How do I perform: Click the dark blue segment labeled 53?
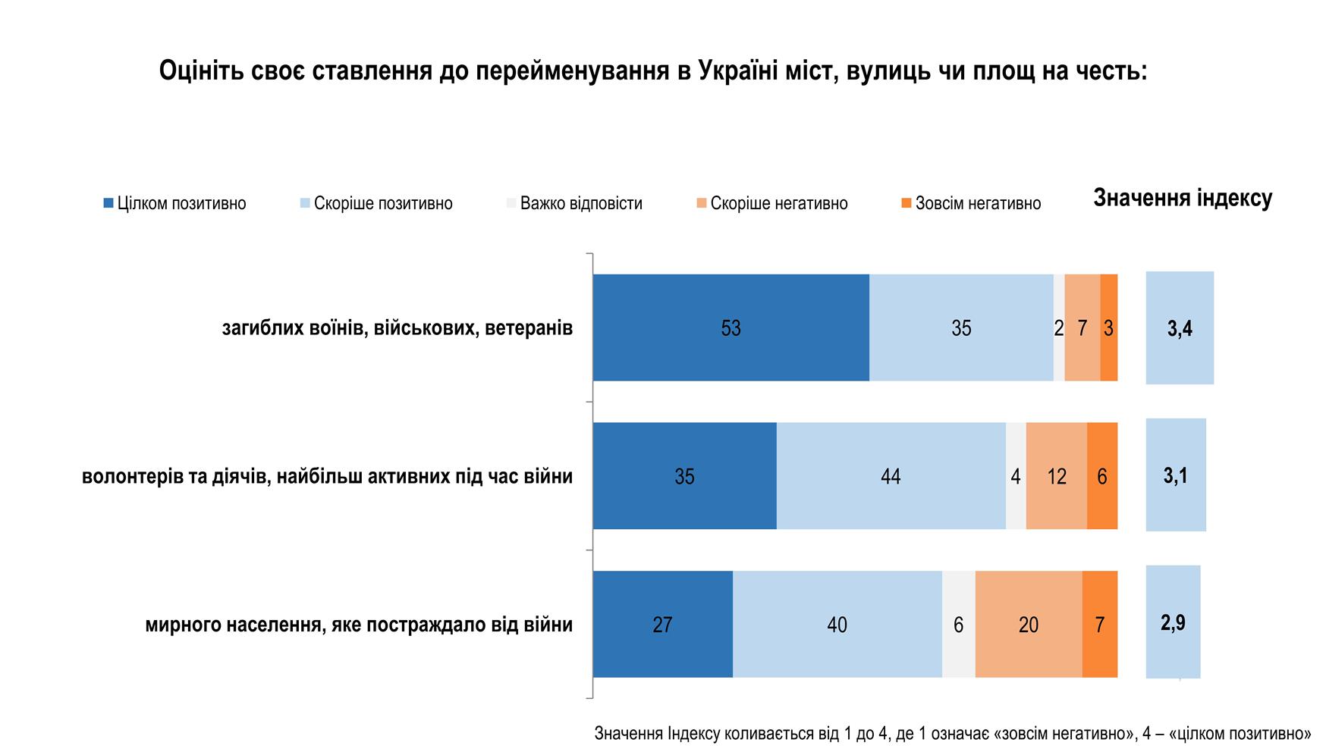(x=731, y=327)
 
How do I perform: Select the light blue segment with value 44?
(x=891, y=476)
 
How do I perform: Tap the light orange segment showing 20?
(x=1028, y=624)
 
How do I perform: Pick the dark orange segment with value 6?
(x=1101, y=476)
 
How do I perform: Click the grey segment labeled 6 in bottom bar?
(x=958, y=624)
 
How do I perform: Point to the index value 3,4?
(x=1179, y=328)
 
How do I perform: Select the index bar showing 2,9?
(x=1172, y=622)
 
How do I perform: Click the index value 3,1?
(x=1175, y=475)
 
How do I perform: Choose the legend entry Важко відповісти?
(x=574, y=203)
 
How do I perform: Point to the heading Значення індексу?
(x=1182, y=198)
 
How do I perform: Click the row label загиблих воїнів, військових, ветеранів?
(x=397, y=328)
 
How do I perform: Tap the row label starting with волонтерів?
(x=327, y=476)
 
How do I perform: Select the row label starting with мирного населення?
(x=358, y=625)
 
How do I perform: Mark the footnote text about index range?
(x=952, y=733)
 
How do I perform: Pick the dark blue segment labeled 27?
(x=662, y=624)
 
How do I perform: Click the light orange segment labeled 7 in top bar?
(x=1082, y=327)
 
